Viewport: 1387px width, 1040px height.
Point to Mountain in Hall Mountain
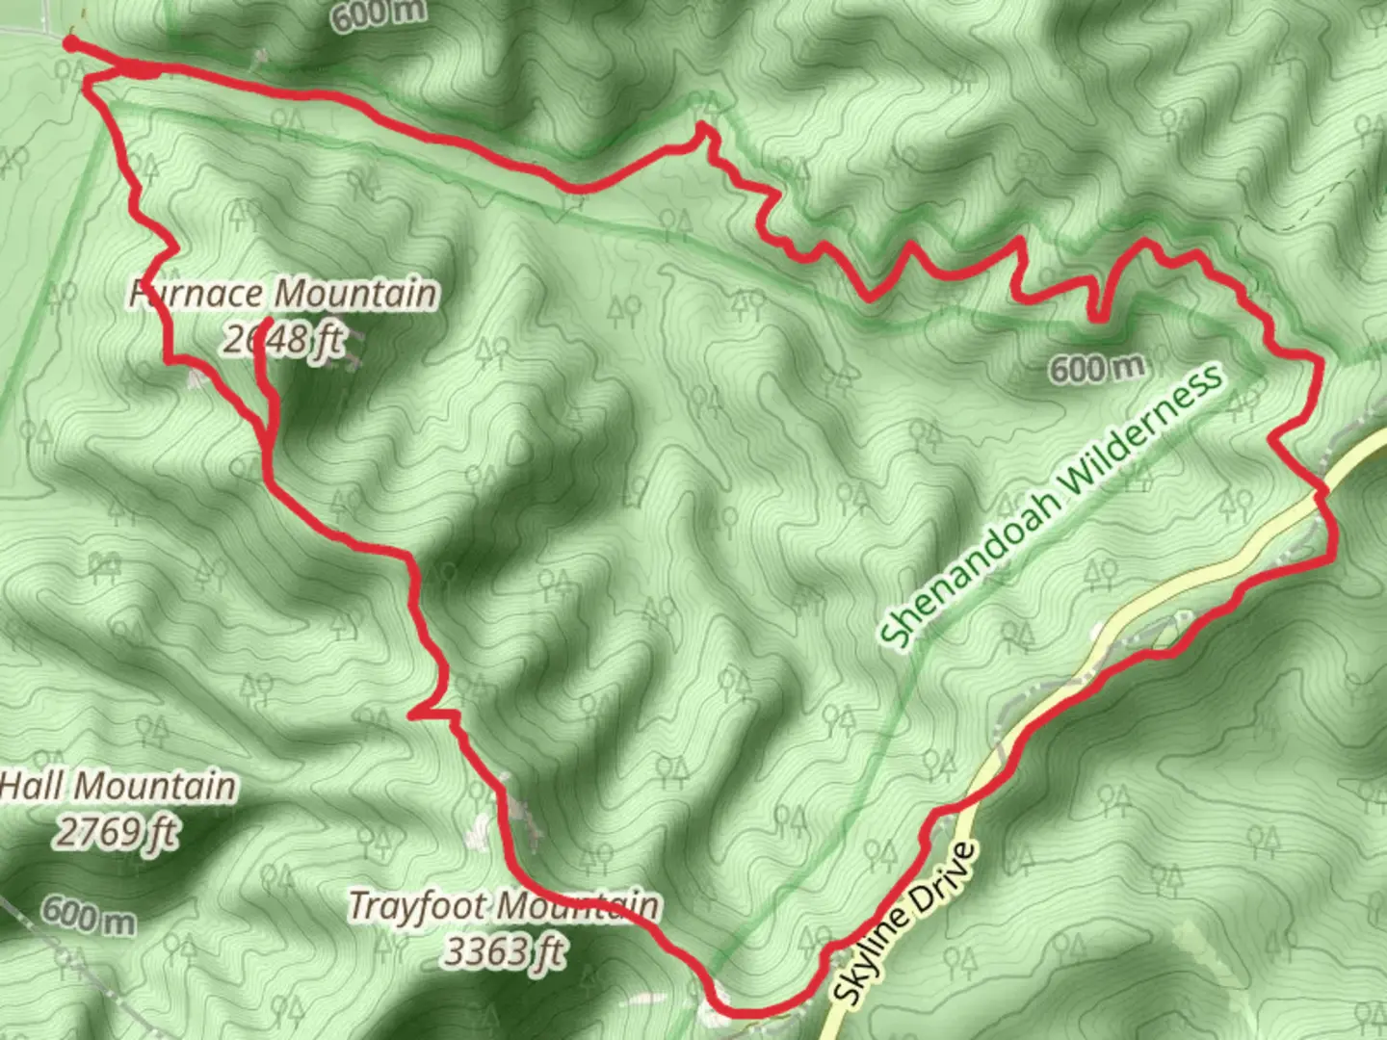tap(155, 786)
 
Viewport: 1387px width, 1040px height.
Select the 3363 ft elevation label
tap(503, 951)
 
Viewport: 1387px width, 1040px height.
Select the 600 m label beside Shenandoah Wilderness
tap(1097, 367)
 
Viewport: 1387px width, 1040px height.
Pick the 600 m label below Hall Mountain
tap(88, 914)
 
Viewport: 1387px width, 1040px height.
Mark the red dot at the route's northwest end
tap(69, 42)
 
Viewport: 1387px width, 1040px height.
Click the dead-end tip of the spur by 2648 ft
tap(262, 322)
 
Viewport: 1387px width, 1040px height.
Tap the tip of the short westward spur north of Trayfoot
tap(412, 715)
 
